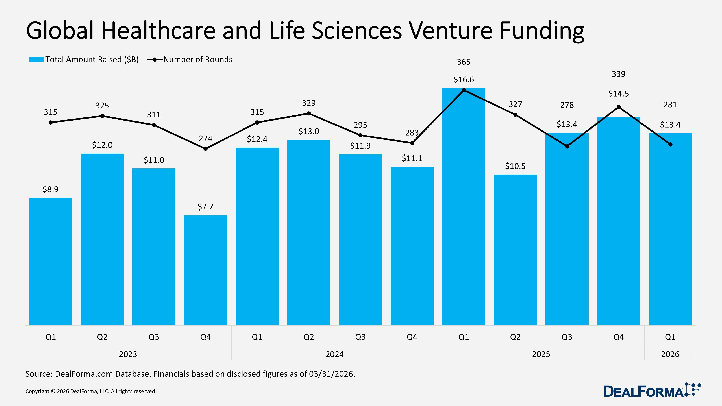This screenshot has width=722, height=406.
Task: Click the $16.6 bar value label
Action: point(464,80)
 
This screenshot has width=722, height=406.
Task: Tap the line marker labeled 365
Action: point(464,90)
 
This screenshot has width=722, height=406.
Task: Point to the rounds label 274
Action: point(205,138)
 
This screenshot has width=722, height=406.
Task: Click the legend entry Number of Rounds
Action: point(198,59)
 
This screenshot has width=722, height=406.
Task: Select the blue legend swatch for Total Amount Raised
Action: point(36,59)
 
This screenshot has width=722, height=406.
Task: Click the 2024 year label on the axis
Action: point(334,354)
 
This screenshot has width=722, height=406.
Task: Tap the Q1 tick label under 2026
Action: point(670,337)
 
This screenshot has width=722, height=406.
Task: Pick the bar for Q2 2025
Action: point(515,249)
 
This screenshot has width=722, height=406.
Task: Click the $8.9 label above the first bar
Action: point(51,189)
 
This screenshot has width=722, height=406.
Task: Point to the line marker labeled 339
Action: point(619,107)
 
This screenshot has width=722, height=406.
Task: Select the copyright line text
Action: point(91,391)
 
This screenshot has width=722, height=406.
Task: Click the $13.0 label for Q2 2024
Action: point(309,131)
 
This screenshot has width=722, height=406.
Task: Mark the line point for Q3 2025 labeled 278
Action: point(567,146)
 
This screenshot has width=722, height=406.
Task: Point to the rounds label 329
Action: point(309,103)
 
